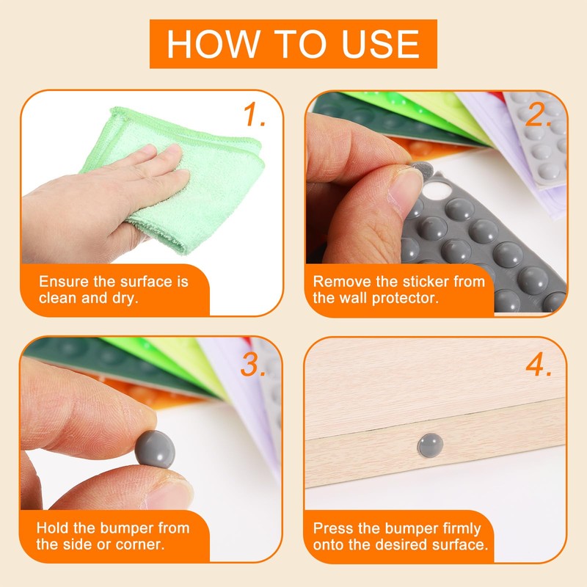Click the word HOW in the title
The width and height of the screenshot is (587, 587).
pyautogui.click(x=214, y=44)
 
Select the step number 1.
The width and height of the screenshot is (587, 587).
pyautogui.click(x=254, y=114)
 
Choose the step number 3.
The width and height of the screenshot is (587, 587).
pyautogui.click(x=253, y=364)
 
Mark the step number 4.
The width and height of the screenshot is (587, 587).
pyautogui.click(x=539, y=364)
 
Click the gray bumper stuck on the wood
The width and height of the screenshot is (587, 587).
pyautogui.click(x=430, y=445)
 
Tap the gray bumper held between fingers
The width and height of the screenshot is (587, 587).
pyautogui.click(x=155, y=449)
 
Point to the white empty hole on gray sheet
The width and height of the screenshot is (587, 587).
pyautogui.click(x=437, y=190)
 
